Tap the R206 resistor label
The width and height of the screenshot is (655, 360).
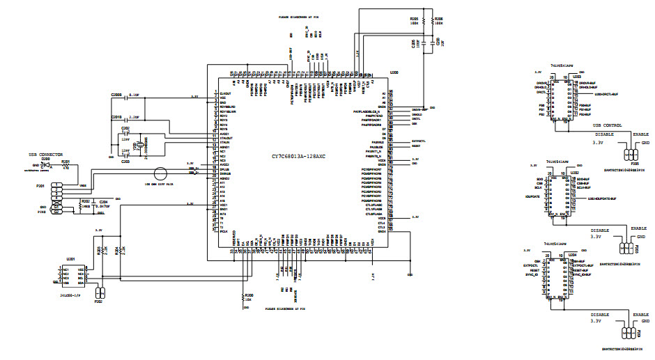tap(438, 19)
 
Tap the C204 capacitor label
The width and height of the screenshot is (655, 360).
tap(103, 201)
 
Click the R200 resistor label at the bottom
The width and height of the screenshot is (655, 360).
tap(248, 295)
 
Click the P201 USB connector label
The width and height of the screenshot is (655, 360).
tap(40, 186)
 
